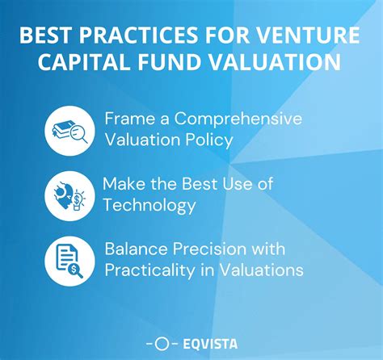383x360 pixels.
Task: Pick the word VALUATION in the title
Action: [271, 65]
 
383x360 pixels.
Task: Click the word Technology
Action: [149, 206]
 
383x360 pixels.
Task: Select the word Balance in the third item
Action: [136, 249]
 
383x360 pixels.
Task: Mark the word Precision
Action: [212, 249]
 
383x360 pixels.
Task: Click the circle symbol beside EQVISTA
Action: [161, 343]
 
